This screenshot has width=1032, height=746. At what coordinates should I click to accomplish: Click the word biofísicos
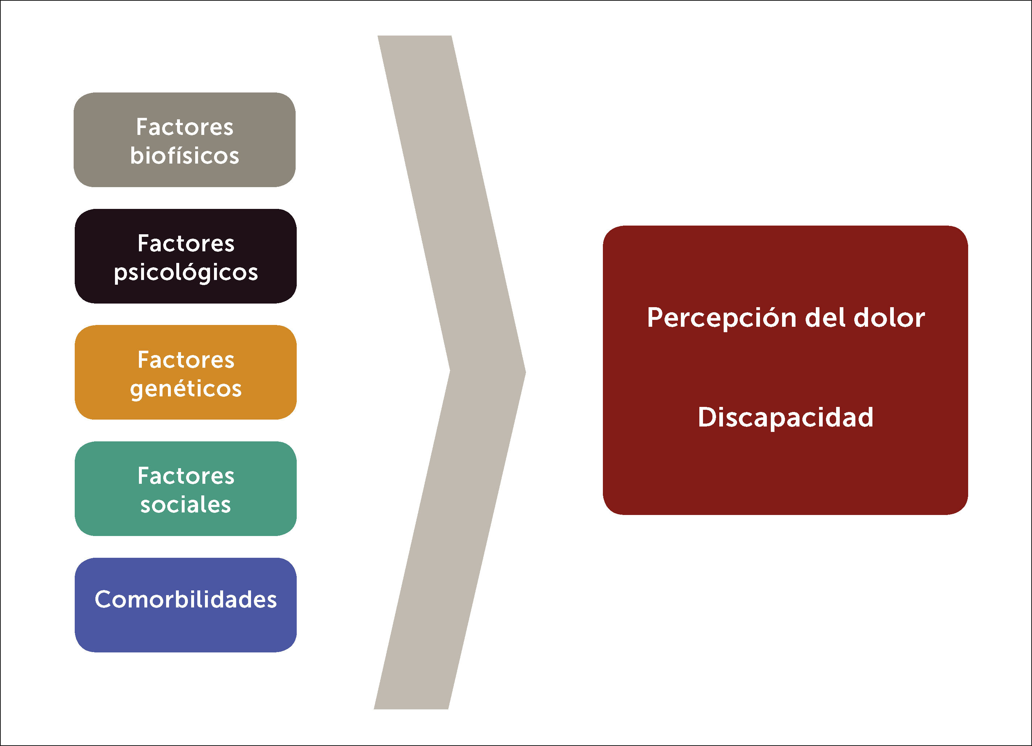[184, 156]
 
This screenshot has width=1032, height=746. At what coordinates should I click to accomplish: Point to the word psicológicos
[186, 272]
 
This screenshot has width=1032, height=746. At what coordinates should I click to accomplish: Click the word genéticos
[186, 389]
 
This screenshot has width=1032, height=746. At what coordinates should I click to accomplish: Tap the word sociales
[186, 504]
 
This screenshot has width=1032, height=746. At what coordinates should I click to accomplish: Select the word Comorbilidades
[186, 599]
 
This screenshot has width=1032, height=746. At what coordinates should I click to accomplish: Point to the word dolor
[889, 317]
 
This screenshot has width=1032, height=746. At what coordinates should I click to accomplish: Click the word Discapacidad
[785, 417]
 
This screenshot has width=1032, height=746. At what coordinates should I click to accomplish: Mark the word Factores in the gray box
[184, 127]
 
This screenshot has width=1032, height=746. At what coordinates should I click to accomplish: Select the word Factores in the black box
[186, 243]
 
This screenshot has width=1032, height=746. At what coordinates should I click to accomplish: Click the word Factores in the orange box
[186, 360]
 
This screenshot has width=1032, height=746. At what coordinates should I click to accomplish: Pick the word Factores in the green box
[186, 476]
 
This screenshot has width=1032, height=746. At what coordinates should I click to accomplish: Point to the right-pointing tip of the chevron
[523, 372]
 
